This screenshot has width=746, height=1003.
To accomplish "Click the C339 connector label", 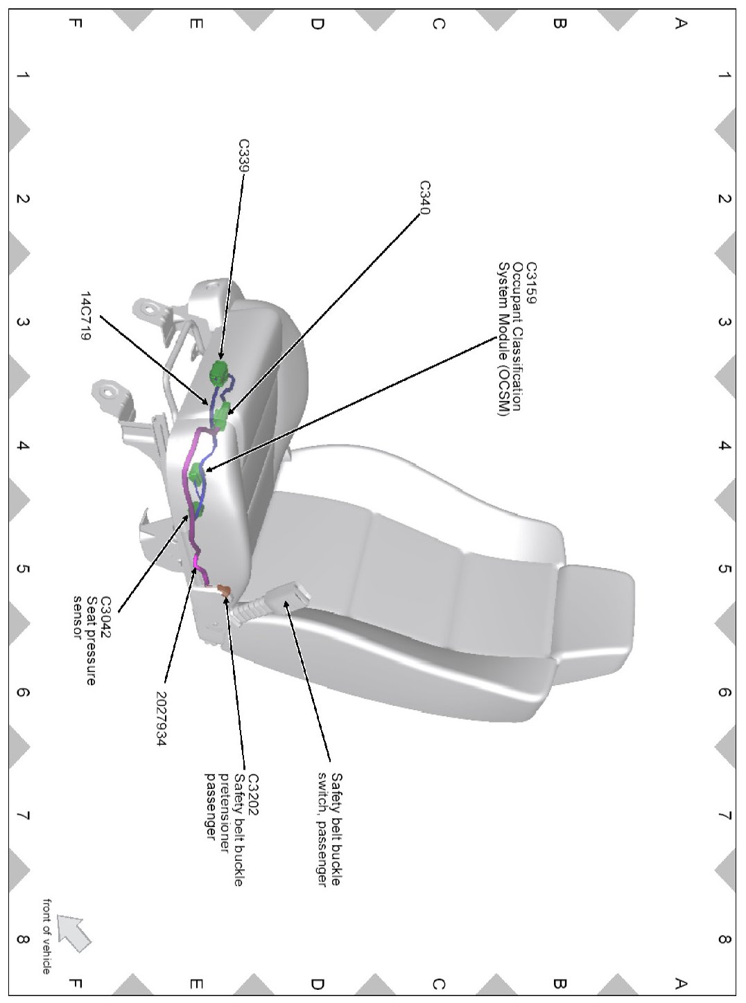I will [244, 155].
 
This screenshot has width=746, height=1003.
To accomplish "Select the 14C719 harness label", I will [85, 316].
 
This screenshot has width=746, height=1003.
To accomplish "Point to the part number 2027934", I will [161, 718].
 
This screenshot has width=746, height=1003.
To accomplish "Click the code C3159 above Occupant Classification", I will [531, 283].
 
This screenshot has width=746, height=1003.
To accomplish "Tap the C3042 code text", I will [106, 618].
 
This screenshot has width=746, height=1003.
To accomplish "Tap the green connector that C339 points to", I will [219, 373].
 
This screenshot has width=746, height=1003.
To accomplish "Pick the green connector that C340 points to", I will [222, 418].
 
